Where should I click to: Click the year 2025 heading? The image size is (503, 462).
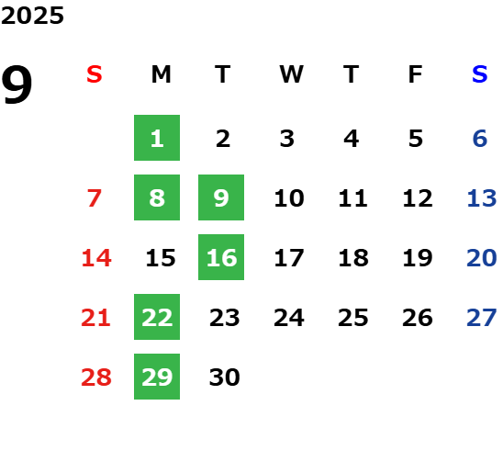[x=32, y=16]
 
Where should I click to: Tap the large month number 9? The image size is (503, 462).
[x=17, y=85]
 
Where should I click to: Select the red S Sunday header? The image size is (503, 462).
[x=95, y=74]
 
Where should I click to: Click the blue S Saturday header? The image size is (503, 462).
[x=480, y=74]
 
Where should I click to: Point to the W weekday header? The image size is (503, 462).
[x=291, y=74]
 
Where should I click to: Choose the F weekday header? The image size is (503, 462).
[x=416, y=74]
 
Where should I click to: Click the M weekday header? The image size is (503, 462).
[x=161, y=74]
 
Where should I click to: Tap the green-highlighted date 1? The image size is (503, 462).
[x=157, y=138]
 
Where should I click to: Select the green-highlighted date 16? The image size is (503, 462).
[x=221, y=257]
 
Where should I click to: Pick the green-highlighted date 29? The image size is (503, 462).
[x=157, y=377]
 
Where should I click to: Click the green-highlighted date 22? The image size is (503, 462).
[x=157, y=317]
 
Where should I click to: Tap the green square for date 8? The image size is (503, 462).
[x=157, y=197]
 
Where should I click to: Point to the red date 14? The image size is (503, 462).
[x=96, y=258]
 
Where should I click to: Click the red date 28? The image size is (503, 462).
[x=96, y=377]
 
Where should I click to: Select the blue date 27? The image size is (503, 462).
[x=482, y=318]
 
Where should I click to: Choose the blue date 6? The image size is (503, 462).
[x=480, y=139]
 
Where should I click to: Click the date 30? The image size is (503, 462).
[x=225, y=377]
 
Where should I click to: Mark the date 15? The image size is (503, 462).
[x=161, y=258]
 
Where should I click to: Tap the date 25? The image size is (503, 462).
[x=353, y=318]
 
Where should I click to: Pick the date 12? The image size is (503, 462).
[x=418, y=198]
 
